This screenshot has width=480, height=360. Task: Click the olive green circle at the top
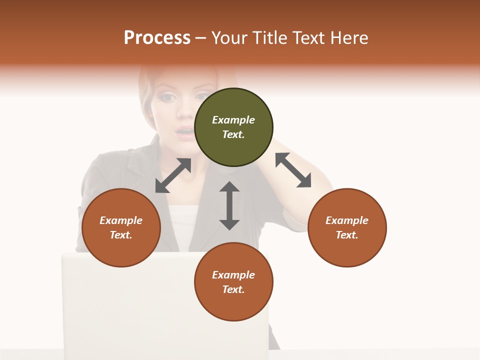pyautogui.click(x=233, y=127)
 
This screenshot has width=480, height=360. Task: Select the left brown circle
pyautogui.click(x=121, y=227)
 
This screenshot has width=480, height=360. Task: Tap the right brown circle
pyautogui.click(x=347, y=227)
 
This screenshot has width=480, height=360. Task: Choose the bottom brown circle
pyautogui.click(x=233, y=282)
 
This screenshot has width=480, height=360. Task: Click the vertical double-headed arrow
pyautogui.click(x=229, y=205)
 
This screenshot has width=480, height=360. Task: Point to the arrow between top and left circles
pyautogui.click(x=173, y=175)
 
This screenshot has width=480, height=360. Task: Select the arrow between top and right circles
pyautogui.click(x=293, y=170)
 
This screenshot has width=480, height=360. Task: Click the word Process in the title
pyautogui.click(x=157, y=38)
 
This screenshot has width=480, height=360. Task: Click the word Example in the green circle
pyautogui.click(x=233, y=120)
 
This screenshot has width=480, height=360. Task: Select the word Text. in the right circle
pyautogui.click(x=347, y=235)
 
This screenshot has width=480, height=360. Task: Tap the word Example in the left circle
pyautogui.click(x=121, y=220)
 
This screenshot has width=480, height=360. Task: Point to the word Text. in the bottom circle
pyautogui.click(x=233, y=289)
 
